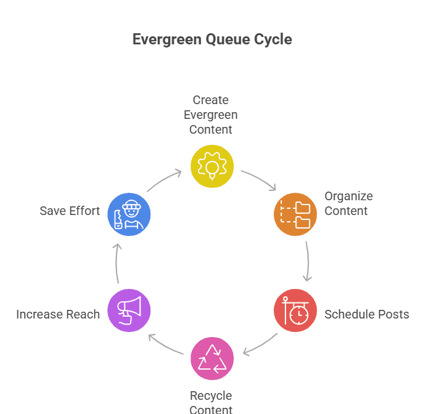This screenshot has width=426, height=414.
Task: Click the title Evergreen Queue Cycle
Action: pos(212,40)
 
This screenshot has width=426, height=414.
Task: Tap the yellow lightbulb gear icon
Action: pos(212,166)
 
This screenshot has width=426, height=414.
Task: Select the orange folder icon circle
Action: pos(295,214)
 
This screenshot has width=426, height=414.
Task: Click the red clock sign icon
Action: pos(295,310)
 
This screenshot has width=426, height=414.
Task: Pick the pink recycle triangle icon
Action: pos(212,359)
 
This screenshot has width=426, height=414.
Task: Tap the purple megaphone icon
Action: pos(129,310)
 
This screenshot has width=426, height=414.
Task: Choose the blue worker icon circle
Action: pos(129,214)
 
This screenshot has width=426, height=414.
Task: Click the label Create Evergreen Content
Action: pos(210,115)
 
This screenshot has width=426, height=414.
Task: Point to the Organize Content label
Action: pos(348,204)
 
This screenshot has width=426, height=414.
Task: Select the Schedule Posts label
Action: pos(367,314)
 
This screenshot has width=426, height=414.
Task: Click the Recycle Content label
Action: pos(211,402)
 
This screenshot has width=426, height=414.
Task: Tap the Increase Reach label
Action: pos(58,314)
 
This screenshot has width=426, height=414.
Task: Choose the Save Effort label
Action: pos(70,211)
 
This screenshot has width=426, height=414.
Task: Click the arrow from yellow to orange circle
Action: pos(259,180)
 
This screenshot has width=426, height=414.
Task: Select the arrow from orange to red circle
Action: pos(307,261)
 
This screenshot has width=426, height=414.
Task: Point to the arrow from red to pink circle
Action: pos(260,345)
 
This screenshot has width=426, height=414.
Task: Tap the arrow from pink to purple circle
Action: pos(165,345)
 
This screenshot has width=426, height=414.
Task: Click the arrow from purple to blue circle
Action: pos(117,263)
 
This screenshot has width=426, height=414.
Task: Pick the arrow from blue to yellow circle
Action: pos(164,180)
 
